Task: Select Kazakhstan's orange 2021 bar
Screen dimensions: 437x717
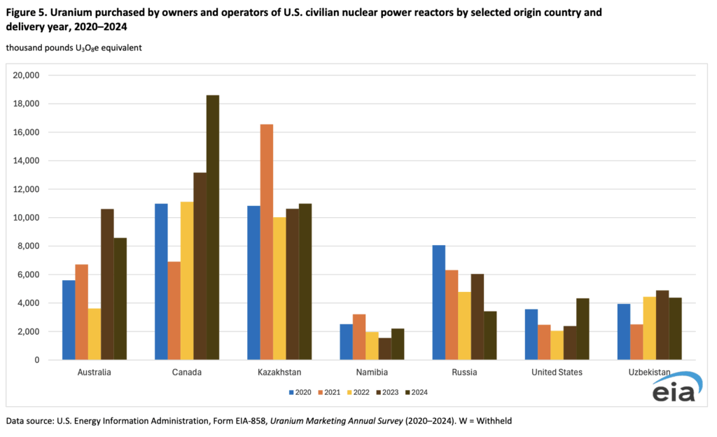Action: point(266,242)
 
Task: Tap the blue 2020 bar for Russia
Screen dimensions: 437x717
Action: point(439,303)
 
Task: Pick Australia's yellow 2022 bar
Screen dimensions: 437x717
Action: point(94,334)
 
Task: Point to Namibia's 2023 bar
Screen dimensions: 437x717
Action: point(385,349)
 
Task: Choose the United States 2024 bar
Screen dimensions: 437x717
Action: point(583,329)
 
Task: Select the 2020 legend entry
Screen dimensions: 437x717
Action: point(302,392)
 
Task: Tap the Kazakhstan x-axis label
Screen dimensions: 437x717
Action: point(279,373)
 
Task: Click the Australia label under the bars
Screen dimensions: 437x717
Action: point(94,373)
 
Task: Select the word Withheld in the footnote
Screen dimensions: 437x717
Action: point(496,421)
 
